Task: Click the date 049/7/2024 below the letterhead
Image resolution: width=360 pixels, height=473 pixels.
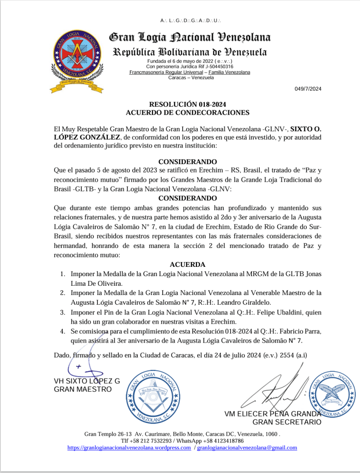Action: (308, 89)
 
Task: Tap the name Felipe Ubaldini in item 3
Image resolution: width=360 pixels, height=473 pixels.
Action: (263, 313)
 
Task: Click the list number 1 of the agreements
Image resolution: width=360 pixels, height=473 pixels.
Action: (62, 274)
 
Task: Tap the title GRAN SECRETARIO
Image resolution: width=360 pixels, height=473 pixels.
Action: (287, 422)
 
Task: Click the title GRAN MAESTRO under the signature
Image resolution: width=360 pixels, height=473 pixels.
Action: (83, 389)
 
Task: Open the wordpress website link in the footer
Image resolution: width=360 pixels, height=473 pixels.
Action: (129, 448)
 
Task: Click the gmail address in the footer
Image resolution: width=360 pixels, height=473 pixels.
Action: (247, 448)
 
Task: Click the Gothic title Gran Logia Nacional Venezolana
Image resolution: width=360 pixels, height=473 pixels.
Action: (189, 37)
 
